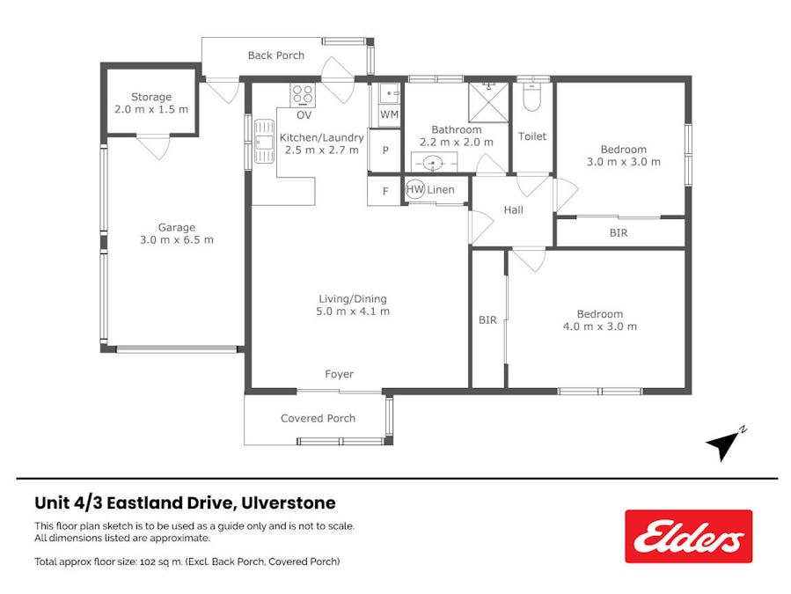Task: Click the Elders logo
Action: point(688,536)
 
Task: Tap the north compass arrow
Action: point(724,445)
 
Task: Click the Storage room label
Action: point(151,97)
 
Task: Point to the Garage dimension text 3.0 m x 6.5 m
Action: point(176,239)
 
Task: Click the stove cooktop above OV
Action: point(304,93)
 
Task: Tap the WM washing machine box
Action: point(389,115)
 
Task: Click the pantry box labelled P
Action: point(385,150)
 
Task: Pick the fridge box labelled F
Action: point(385,191)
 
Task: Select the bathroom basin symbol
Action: point(433,163)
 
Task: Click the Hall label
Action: point(513,209)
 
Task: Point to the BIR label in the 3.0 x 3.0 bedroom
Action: point(619,233)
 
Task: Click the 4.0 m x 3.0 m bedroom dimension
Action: point(599,326)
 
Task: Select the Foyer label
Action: point(339,374)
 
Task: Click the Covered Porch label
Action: point(318,418)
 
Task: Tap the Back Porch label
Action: point(275,55)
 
